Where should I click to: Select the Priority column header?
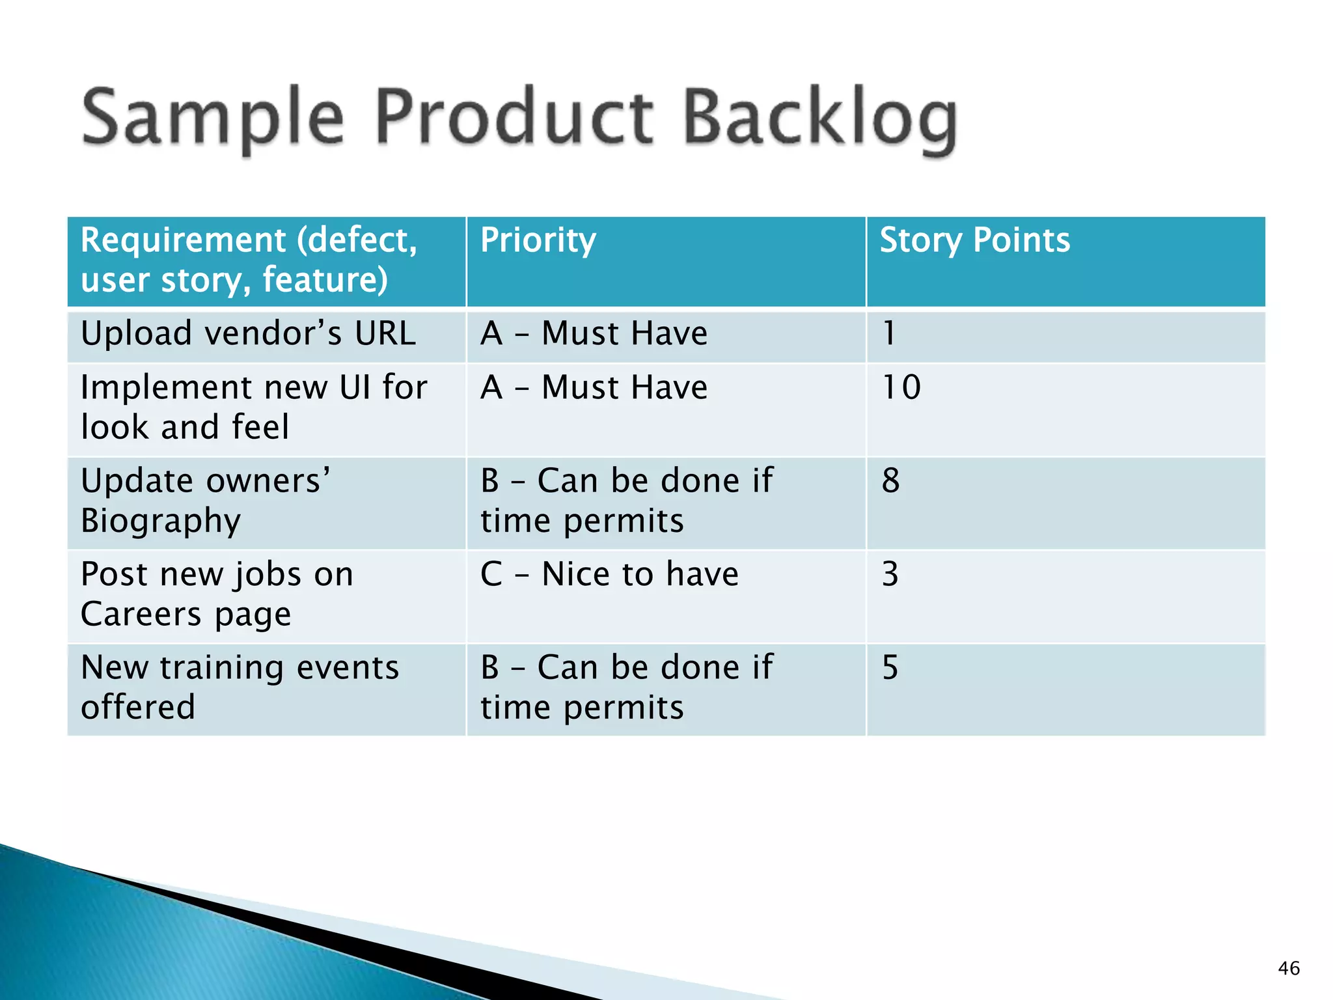point(538,240)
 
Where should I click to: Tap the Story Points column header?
point(974,240)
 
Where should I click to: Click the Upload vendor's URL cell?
point(248,333)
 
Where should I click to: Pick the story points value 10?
point(901,387)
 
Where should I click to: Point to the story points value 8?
point(890,481)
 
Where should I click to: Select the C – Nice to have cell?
point(609,574)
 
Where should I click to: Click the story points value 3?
point(890,574)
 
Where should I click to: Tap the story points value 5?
point(890,668)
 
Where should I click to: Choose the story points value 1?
point(889,333)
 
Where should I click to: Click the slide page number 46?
point(1289,968)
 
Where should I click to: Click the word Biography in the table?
point(161,521)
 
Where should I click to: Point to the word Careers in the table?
point(141,614)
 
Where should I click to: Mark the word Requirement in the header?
point(183,240)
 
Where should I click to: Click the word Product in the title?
point(514,117)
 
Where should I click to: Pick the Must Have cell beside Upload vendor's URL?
point(594,333)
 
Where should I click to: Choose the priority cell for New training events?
point(626,687)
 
